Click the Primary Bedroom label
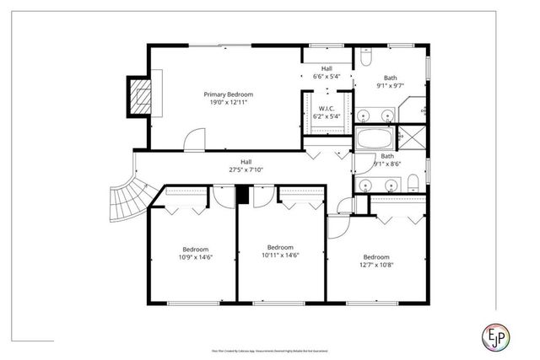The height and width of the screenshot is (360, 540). pos(229,94)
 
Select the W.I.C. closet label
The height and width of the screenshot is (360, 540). pos(326,107)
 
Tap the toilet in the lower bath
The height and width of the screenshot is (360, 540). pos(411,184)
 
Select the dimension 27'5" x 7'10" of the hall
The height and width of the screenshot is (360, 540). pos(246,169)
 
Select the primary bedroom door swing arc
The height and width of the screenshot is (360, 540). pos(194,138)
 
